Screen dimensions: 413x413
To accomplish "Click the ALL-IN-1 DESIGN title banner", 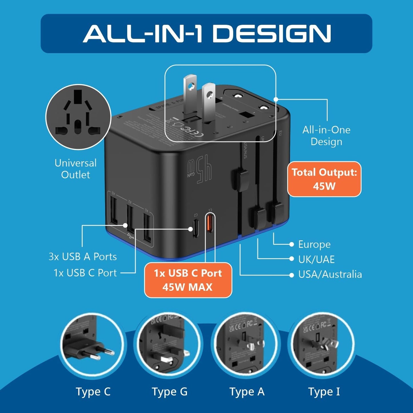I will tap(206, 33).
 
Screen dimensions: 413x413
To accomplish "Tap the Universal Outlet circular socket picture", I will tap(78, 117).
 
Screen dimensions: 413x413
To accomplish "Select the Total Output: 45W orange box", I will tap(324, 179).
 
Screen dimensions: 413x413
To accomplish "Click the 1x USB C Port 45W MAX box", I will tap(188, 280).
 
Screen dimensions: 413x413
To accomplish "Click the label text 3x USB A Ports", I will tap(83, 257).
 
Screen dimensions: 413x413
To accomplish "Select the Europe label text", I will tap(314, 244).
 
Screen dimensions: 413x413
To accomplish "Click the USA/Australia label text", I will tap(330, 274).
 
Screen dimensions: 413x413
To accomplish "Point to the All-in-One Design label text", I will tap(326, 135).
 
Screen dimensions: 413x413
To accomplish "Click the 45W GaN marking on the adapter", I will tap(200, 170).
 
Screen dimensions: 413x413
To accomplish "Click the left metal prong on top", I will tap(189, 94).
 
